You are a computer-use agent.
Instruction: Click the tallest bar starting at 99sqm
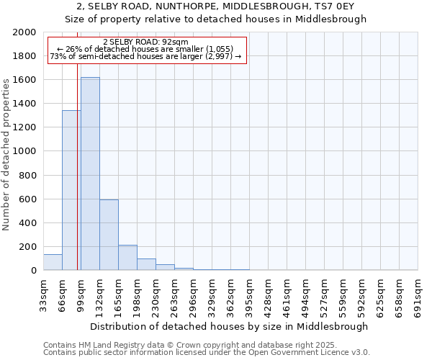tap(90, 174)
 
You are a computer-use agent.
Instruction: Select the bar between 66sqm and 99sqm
tap(71, 190)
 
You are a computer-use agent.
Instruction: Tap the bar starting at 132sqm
tap(109, 235)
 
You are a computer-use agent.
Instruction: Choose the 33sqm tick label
tap(44, 294)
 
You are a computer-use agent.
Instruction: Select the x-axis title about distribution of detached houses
tap(230, 326)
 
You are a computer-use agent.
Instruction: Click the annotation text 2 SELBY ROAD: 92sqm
tap(145, 42)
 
